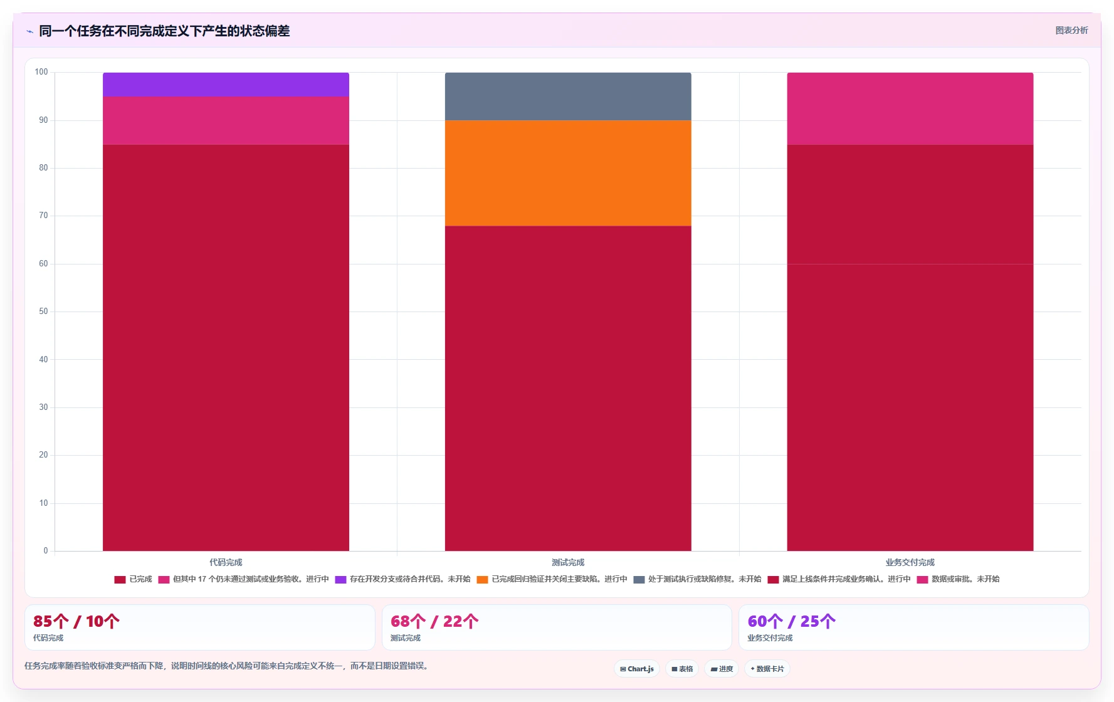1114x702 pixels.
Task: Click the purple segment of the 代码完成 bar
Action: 226,85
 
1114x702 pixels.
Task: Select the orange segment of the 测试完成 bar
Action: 568,173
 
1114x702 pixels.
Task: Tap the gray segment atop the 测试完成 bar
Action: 568,97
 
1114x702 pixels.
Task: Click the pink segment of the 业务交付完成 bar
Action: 910,108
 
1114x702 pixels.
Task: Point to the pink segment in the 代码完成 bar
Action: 226,120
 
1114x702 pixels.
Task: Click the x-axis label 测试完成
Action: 568,562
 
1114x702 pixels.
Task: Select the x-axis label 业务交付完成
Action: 910,562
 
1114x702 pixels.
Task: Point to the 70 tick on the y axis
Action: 43,216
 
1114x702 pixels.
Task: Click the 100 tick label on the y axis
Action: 41,72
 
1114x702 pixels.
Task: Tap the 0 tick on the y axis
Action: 46,551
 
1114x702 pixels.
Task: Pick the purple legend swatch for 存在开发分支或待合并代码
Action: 341,580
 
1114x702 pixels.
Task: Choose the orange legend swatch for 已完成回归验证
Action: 483,580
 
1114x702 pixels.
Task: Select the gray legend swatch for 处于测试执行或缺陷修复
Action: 639,580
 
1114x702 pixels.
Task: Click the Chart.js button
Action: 637,669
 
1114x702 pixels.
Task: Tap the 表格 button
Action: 682,669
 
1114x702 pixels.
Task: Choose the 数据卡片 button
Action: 767,669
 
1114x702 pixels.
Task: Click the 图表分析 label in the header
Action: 1071,30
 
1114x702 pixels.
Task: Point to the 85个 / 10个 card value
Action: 76,621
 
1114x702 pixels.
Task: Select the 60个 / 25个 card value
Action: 791,621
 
